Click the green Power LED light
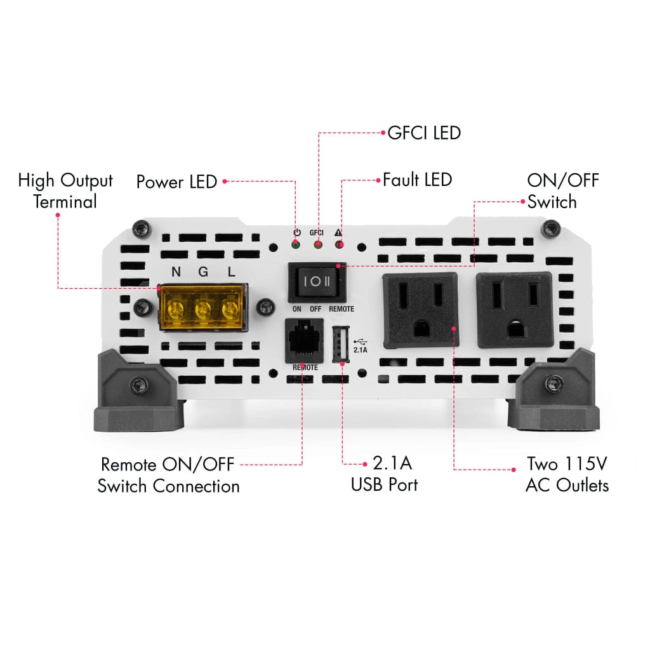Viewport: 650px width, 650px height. pos(296,244)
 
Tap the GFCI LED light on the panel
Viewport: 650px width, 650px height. pos(317,244)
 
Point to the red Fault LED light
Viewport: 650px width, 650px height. pos(339,244)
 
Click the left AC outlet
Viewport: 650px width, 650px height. pos(420,311)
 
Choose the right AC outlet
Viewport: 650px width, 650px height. pos(514,311)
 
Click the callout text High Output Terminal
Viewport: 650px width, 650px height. pos(65,191)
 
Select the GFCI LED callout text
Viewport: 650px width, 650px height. pos(423,133)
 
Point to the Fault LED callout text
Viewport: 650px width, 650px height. pos(417,180)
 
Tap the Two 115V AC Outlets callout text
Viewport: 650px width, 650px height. pos(567,474)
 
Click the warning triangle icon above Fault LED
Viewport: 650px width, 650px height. pos(338,232)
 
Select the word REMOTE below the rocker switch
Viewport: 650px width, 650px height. pos(342,309)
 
